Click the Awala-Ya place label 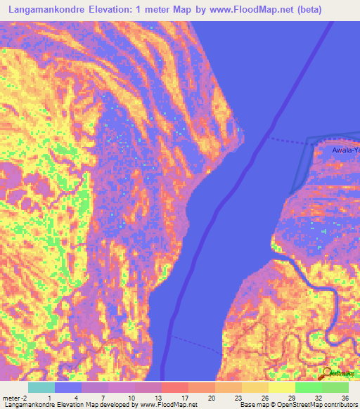click(x=346, y=150)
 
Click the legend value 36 click(x=344, y=397)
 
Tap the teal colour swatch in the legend click(x=41, y=387)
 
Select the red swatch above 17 click(x=175, y=387)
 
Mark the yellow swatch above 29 click(x=281, y=387)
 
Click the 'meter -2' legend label click(x=15, y=397)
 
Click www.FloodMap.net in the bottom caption click(x=167, y=405)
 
